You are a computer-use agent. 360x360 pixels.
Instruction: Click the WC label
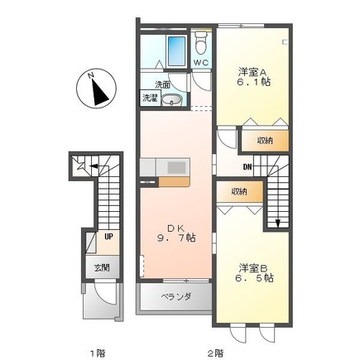[x=200, y=63]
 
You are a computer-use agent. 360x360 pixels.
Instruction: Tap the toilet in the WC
[x=200, y=42]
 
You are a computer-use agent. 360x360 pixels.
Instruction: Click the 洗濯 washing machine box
[x=150, y=98]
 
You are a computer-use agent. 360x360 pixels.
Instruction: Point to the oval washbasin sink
[x=171, y=100]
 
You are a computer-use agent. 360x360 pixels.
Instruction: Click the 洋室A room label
[x=252, y=72]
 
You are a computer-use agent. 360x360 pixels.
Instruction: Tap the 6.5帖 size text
[x=254, y=278]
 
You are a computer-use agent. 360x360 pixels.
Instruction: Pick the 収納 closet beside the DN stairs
[x=266, y=141]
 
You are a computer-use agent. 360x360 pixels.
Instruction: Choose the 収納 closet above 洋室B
[x=239, y=192]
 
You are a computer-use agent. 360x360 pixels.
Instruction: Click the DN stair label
[x=247, y=166]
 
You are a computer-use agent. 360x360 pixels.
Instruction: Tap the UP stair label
[x=108, y=237]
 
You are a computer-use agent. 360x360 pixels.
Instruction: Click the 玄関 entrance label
[x=103, y=267]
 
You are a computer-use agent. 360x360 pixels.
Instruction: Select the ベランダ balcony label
[x=175, y=297]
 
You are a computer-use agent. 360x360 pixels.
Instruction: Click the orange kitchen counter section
[x=174, y=182]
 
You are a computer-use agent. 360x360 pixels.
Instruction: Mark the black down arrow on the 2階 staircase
[x=277, y=223]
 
